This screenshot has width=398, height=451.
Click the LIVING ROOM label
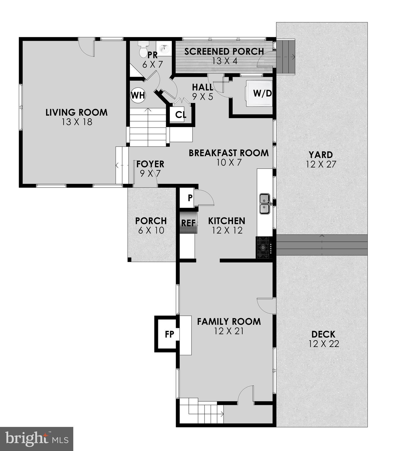[76, 112]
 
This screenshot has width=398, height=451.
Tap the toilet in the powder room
[144, 49]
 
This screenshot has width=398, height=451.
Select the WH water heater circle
[138, 95]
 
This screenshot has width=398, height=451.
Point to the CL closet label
[181, 115]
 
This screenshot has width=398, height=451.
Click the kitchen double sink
[265, 204]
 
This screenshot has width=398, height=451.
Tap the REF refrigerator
[188, 223]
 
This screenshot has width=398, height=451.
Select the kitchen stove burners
[263, 248]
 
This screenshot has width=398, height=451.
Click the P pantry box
[190, 198]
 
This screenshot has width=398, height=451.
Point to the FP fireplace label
[169, 334]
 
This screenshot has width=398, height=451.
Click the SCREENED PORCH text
[224, 51]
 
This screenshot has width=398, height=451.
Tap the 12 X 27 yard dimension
[321, 164]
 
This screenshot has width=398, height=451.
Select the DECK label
[323, 334]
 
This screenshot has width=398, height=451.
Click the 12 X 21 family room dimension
[229, 331]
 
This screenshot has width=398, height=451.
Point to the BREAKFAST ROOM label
[229, 153]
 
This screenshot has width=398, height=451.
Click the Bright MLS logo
[37, 439]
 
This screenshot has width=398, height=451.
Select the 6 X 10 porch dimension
[151, 230]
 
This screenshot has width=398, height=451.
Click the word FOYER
[150, 164]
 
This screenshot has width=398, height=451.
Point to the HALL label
[203, 87]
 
